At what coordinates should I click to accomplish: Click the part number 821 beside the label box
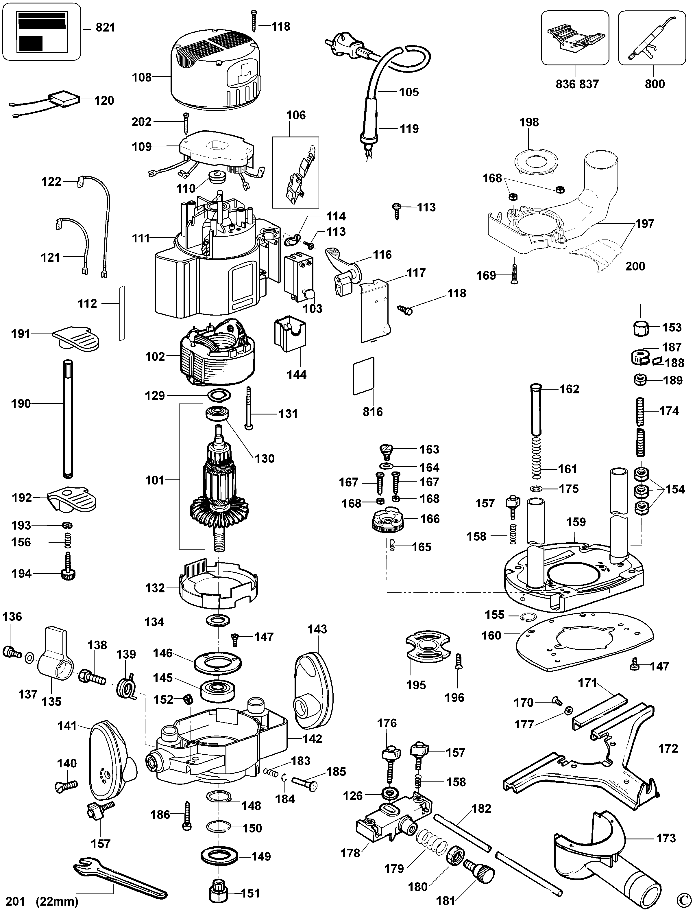pos(105,28)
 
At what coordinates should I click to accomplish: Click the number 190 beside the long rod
pos(21,404)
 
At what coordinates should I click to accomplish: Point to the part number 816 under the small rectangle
pos(373,411)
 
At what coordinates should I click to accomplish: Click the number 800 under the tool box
pos(655,84)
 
